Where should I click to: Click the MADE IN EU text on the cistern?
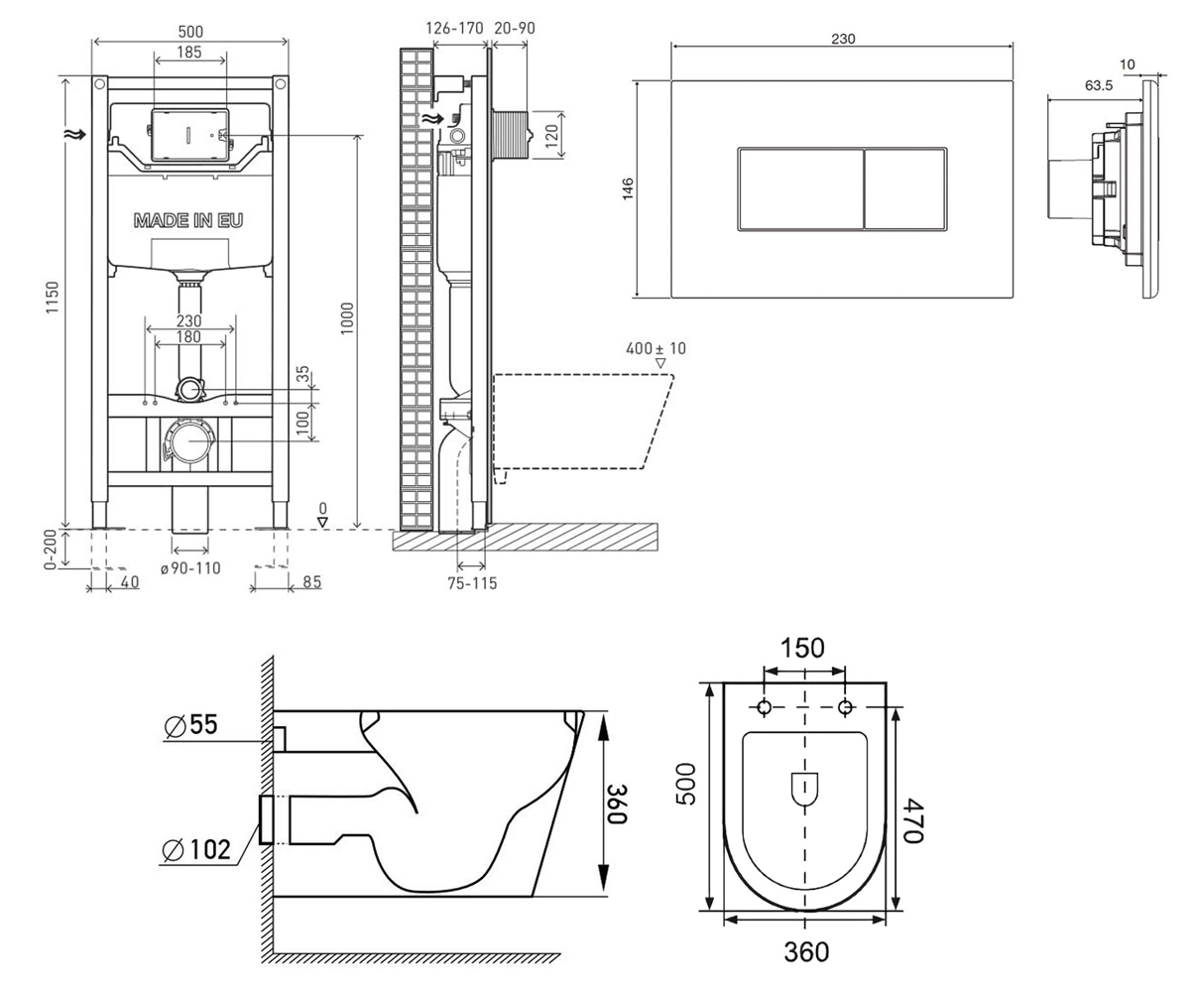click(x=188, y=220)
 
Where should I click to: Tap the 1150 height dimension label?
click(x=52, y=297)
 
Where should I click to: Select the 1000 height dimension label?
click(x=347, y=318)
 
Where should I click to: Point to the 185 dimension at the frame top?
click(x=189, y=52)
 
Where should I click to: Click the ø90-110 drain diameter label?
click(x=190, y=568)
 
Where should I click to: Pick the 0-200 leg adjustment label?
click(x=51, y=550)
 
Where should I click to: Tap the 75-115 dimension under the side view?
click(x=472, y=583)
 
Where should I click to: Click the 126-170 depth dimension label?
click(x=454, y=28)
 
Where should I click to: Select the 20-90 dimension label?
click(x=515, y=28)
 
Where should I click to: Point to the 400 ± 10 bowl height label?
click(x=655, y=348)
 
